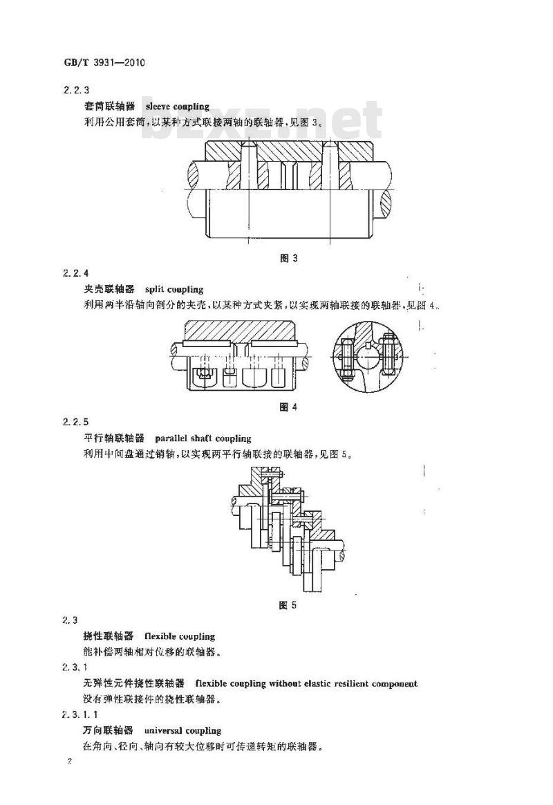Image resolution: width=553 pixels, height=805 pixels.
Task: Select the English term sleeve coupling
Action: (178, 107)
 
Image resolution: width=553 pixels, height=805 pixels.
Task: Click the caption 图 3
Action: (289, 258)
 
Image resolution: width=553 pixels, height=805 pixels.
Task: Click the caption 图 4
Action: (288, 407)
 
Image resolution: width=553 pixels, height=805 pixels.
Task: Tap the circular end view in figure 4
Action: (368, 357)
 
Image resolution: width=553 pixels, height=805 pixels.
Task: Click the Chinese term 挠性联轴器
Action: (109, 636)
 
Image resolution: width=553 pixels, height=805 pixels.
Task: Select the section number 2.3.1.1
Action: (81, 714)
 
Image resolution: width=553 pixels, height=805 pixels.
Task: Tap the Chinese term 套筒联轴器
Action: (109, 107)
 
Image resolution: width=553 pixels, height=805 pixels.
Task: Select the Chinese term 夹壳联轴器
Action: (109, 289)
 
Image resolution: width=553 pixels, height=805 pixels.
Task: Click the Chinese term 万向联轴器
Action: (109, 730)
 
